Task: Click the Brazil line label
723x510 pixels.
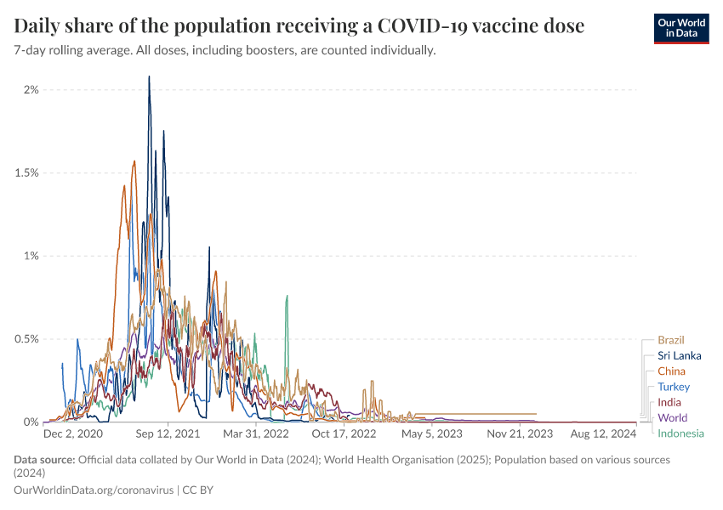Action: pos(670,340)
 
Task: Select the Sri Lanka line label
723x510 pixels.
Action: pos(679,355)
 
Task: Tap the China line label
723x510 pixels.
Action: pos(671,371)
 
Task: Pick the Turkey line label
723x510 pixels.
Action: pos(674,387)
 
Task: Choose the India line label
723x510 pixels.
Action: pos(669,402)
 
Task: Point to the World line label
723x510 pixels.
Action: pos(672,417)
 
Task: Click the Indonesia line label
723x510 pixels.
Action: pos(680,433)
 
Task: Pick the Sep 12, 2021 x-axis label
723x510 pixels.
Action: pos(169,433)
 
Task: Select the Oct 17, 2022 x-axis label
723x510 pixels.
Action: pos(345,433)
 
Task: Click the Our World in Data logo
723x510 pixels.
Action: pos(680,27)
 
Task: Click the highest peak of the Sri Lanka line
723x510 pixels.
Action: pos(150,76)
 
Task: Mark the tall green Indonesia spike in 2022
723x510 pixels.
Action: pos(287,297)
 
